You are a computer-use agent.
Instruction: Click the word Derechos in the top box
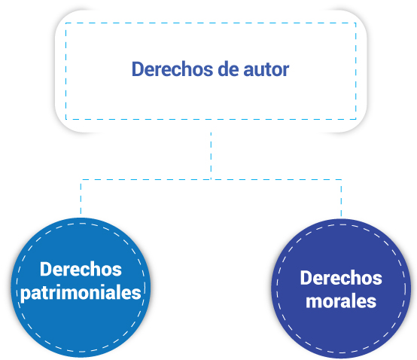point(172,69)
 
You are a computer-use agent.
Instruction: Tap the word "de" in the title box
point(228,69)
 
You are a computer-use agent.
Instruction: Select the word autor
point(266,70)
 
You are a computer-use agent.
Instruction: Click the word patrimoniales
point(81,294)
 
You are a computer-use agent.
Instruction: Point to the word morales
point(341,301)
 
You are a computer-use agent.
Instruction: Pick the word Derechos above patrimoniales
point(81,269)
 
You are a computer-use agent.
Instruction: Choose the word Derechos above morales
point(341,278)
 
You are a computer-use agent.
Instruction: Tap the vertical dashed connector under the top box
point(211,156)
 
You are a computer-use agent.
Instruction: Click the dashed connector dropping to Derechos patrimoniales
point(81,197)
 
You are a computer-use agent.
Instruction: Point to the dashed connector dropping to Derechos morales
point(341,198)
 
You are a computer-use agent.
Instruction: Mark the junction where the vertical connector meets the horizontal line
point(211,179)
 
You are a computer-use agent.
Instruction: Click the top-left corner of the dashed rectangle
point(66,23)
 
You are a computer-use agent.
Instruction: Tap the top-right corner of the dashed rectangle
point(356,23)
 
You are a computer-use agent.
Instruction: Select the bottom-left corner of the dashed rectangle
point(66,119)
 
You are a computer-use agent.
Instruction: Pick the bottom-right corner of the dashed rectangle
point(356,119)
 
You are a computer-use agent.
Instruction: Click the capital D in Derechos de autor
point(138,69)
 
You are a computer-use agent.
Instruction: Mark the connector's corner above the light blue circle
point(81,179)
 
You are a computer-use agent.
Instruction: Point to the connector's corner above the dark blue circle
point(341,179)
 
